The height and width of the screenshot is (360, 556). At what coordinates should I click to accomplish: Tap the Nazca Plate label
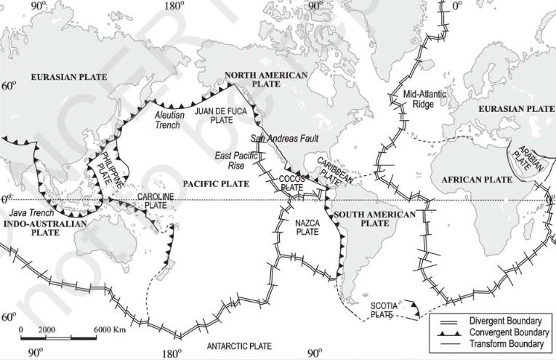click(x=307, y=227)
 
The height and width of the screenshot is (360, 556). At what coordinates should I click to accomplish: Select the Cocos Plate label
click(x=292, y=183)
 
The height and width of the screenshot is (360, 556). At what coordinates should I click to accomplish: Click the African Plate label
click(x=463, y=177)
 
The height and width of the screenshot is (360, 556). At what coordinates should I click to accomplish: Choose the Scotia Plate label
click(x=383, y=311)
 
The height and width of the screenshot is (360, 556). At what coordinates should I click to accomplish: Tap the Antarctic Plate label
click(x=238, y=345)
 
